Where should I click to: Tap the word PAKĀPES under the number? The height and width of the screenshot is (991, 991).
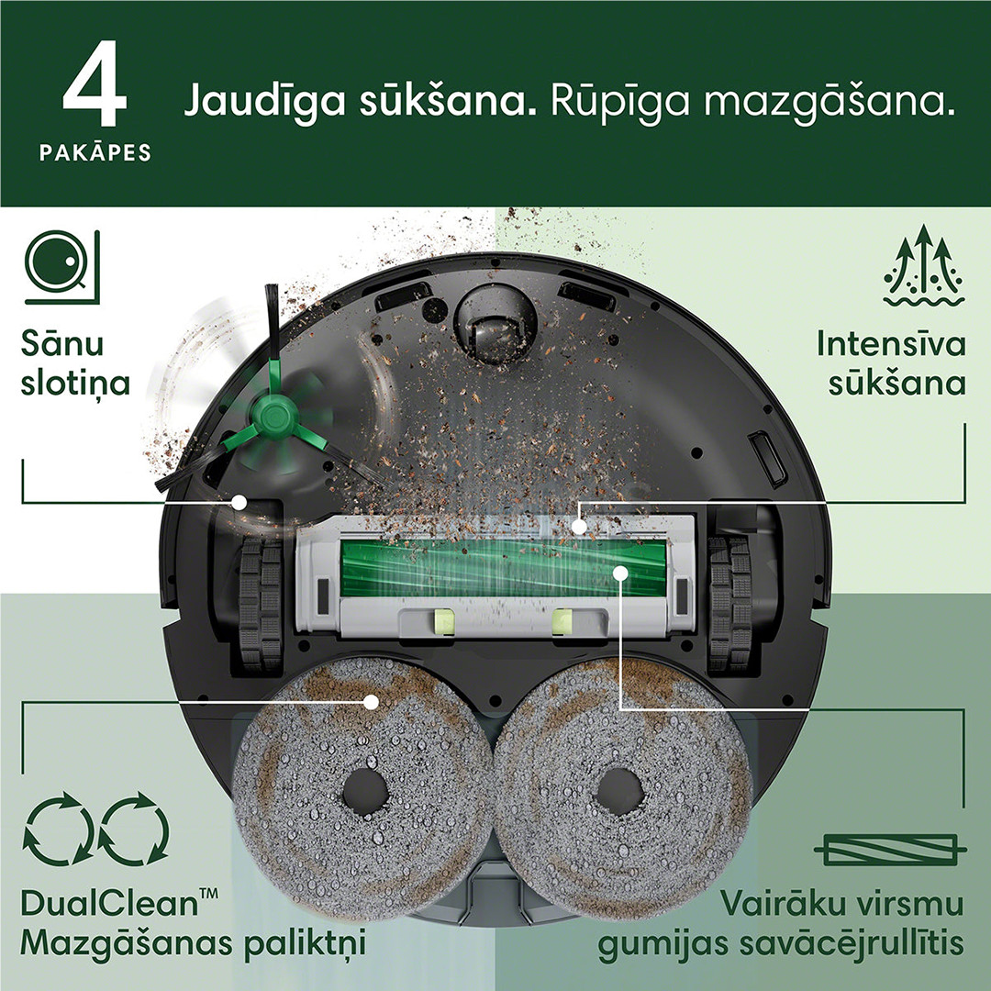coord(95,152)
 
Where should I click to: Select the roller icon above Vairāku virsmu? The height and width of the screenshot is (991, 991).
coord(890,849)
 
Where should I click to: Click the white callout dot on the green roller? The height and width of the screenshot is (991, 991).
coord(620,573)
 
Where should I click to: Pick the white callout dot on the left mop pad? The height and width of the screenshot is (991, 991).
coord(371,702)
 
